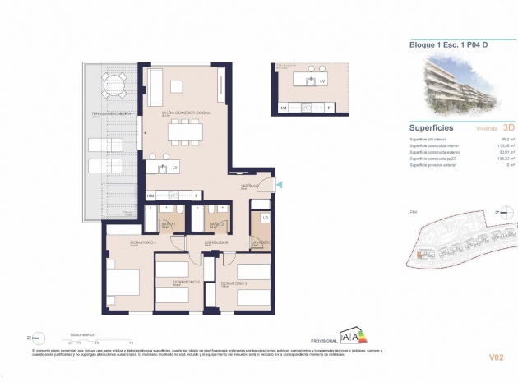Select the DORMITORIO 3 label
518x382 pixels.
(x=187, y=283)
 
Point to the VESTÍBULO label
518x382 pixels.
(x=249, y=186)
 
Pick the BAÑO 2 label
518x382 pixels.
(x=216, y=224)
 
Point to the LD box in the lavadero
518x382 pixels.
(x=265, y=217)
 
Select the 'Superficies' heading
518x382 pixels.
(x=432, y=127)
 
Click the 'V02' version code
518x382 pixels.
(x=496, y=357)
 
